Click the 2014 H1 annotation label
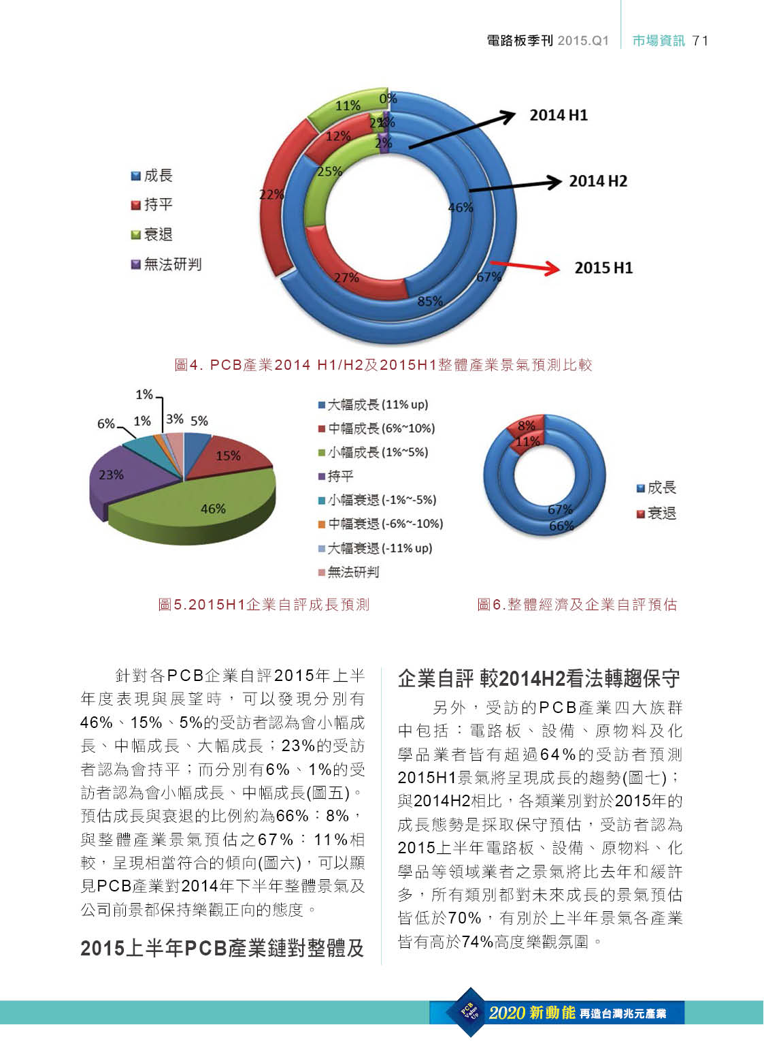pos(559,115)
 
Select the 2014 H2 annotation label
pos(597,181)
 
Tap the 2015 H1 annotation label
pos(603,268)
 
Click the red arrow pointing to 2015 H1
pos(525,266)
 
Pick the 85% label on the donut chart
pos(429,301)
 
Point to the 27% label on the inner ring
pos(346,278)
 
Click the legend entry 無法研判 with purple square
pos(166,264)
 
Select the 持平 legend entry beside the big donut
pos(152,204)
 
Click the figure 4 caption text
pos(383,365)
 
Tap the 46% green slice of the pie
pos(212,509)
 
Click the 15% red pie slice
pos(227,456)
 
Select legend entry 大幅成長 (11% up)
pos(373,405)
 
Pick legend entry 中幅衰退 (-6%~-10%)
pos(380,524)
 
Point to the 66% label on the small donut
pos(561,526)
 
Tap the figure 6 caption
pos(577,604)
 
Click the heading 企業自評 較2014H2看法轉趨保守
pos(539,678)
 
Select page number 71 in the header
pos(700,41)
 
